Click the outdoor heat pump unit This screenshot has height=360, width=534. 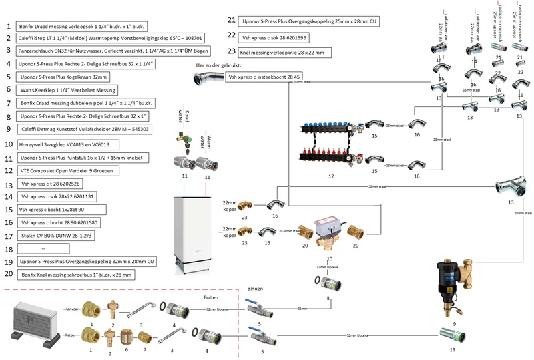coord(33,323)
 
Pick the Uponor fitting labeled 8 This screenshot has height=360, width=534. coord(329,283)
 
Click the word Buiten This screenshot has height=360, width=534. coord(211,298)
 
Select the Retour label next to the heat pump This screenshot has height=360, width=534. coord(72,331)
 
